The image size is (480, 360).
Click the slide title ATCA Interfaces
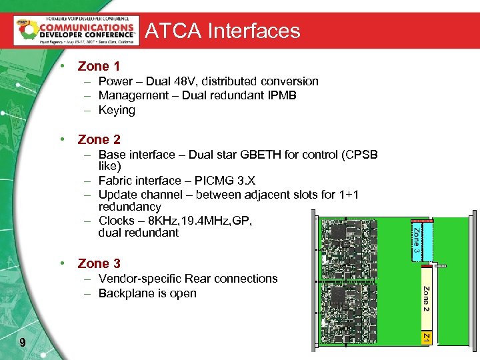(x=223, y=31)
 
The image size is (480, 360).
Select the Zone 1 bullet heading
(x=99, y=66)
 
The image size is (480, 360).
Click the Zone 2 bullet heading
(x=99, y=139)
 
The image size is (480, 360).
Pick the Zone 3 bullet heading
(x=99, y=263)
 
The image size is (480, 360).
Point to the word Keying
(x=117, y=110)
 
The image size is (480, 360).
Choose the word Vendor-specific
(x=140, y=279)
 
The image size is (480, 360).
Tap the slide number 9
(x=23, y=343)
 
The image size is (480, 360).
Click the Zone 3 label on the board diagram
(x=416, y=241)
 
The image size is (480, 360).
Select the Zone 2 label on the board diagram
(x=425, y=299)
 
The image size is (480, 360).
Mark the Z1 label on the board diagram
(x=425, y=339)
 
